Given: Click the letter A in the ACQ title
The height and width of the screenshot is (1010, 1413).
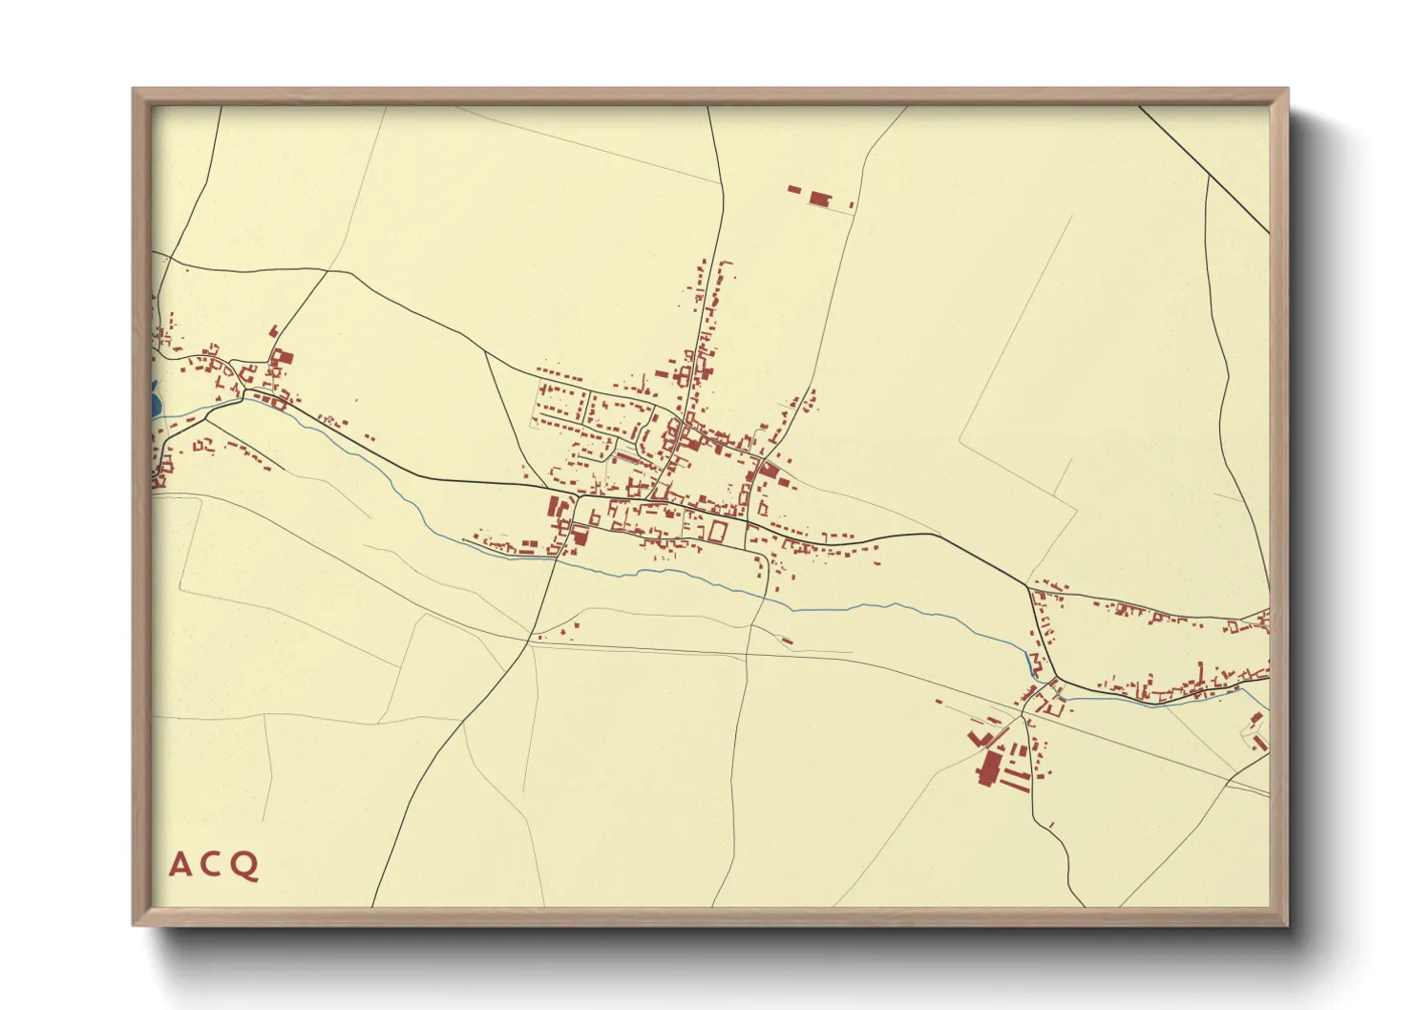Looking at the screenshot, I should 180,865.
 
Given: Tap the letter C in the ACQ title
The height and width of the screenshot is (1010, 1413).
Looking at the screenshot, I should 211,865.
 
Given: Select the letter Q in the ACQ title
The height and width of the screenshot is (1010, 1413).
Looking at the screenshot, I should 244,866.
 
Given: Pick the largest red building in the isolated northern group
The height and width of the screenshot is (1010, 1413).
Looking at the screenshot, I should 820,199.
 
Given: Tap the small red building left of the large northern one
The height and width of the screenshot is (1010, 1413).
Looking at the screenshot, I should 793,190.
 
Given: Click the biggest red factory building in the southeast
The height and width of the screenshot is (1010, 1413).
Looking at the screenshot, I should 987,768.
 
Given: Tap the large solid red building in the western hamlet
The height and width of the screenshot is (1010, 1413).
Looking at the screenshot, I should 282,360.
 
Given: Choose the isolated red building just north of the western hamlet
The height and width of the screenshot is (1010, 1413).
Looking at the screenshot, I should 273,331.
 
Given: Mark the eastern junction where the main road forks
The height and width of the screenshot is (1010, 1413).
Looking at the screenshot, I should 1029,585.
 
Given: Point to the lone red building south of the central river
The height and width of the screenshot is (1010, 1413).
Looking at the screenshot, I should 786,641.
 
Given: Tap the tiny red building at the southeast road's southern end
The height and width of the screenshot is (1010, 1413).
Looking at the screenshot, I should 1051,824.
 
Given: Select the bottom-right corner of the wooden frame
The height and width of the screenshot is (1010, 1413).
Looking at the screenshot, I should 1287,925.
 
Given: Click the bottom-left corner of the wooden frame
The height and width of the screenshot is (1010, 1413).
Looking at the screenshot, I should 134,925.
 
